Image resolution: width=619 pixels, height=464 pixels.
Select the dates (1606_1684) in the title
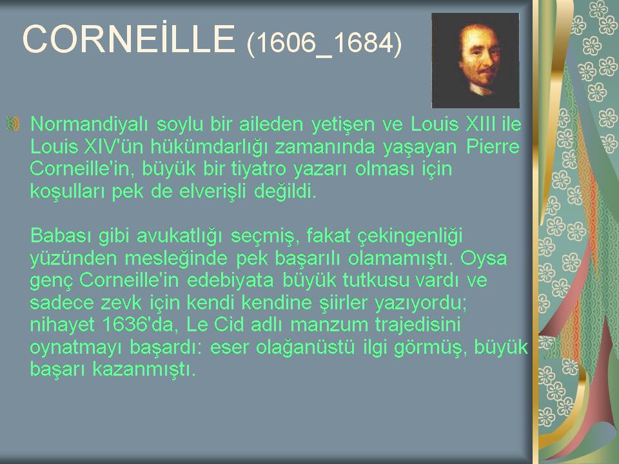[324, 43]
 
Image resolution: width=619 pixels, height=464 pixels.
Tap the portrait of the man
[475, 61]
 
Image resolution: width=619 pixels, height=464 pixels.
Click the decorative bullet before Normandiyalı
[13, 124]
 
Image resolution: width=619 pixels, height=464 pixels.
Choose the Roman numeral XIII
[481, 124]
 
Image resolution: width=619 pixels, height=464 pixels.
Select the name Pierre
[493, 146]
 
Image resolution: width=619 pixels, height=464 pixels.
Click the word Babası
[61, 236]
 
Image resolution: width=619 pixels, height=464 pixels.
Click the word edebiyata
[230, 280]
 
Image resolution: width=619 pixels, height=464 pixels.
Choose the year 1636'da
[138, 325]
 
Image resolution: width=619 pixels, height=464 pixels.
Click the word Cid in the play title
[228, 325]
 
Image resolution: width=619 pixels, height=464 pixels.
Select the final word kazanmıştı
[144, 369]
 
